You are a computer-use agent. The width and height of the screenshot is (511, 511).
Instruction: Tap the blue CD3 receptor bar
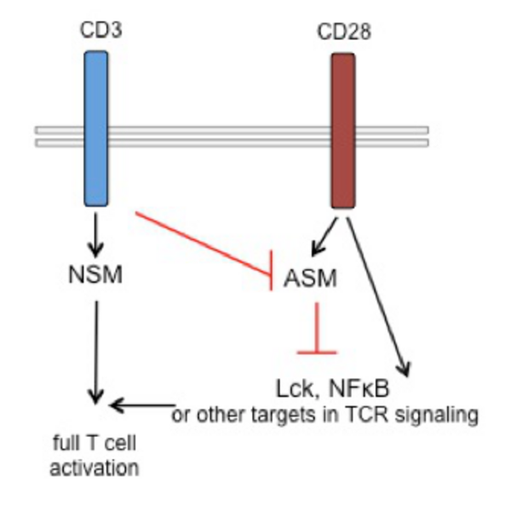[x=96, y=128]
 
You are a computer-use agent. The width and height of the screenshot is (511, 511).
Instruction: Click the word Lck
[x=291, y=390]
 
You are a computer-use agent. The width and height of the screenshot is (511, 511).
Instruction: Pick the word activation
[x=95, y=467]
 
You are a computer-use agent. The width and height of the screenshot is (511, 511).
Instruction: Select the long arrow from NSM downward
[x=96, y=349]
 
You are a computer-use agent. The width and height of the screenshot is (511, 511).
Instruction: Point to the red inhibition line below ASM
[x=316, y=328]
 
